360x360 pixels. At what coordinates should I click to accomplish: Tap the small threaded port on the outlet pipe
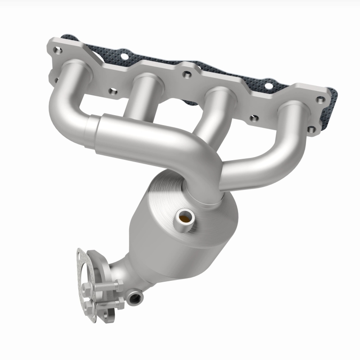coord(135,297)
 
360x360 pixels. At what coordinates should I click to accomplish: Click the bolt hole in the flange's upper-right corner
coord(320,100)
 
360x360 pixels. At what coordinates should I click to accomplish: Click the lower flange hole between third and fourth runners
coord(252,118)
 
